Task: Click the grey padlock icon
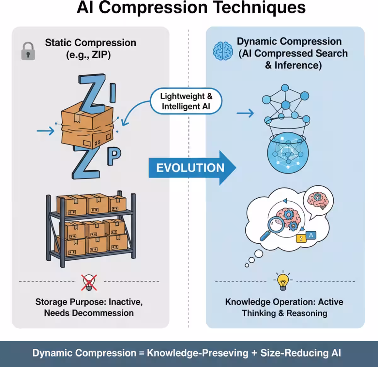(x=28, y=51)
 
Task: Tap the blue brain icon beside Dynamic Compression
(x=223, y=51)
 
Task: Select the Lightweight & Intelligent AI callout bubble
(x=186, y=101)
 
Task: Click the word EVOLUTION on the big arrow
(x=190, y=168)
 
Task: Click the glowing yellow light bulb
(x=283, y=281)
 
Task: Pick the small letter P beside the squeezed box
(x=114, y=157)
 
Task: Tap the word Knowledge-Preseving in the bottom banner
(x=198, y=353)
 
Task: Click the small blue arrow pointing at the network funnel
(x=245, y=113)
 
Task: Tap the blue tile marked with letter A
(x=311, y=235)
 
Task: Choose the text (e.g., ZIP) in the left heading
(x=89, y=55)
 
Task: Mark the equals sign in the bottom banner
(x=141, y=353)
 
